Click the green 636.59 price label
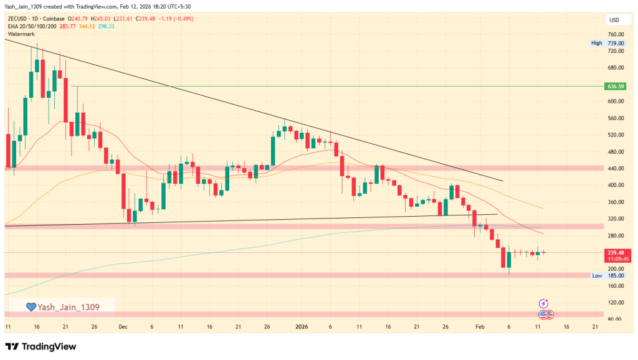click(615, 86)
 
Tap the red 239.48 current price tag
click(615, 252)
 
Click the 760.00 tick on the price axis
click(615, 34)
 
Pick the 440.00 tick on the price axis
click(615, 168)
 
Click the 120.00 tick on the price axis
click(615, 303)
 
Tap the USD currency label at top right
click(614, 21)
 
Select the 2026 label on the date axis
click(302, 326)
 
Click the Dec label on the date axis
click(123, 326)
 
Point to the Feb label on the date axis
click(479, 326)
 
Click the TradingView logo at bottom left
click(40, 346)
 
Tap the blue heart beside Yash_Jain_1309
click(31, 306)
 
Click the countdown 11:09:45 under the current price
click(615, 259)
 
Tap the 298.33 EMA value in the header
click(104, 26)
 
